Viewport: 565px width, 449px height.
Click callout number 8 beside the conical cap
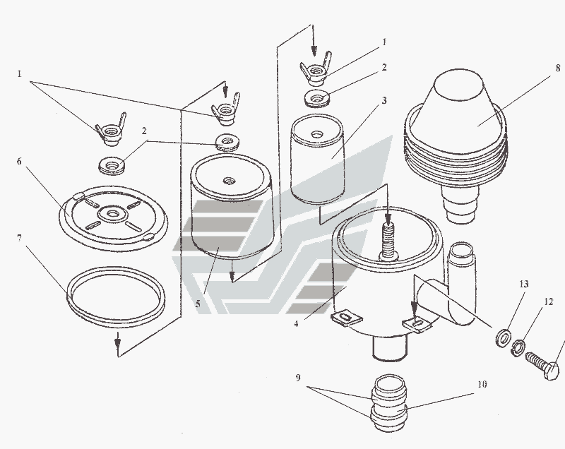click(558, 68)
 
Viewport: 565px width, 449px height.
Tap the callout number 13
click(524, 284)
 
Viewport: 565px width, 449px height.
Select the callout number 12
click(548, 301)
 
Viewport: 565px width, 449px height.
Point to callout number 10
click(482, 384)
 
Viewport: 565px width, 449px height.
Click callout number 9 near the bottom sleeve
click(298, 378)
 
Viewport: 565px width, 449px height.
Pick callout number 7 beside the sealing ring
click(19, 238)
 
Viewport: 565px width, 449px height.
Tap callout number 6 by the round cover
click(19, 161)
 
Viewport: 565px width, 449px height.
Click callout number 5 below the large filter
click(198, 304)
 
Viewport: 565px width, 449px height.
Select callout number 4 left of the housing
click(296, 324)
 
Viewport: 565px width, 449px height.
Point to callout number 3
click(384, 100)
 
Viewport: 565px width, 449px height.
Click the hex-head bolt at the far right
click(543, 365)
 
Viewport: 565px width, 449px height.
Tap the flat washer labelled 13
click(504, 337)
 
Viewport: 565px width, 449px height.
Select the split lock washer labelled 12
click(518, 348)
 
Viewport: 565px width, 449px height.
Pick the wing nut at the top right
click(315, 68)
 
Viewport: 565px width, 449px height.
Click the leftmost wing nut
click(110, 130)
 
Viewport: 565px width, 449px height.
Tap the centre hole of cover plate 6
click(114, 215)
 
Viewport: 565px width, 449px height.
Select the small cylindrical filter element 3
click(317, 159)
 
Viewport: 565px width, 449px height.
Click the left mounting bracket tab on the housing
click(347, 318)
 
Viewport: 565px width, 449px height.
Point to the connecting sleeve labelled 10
click(389, 403)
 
